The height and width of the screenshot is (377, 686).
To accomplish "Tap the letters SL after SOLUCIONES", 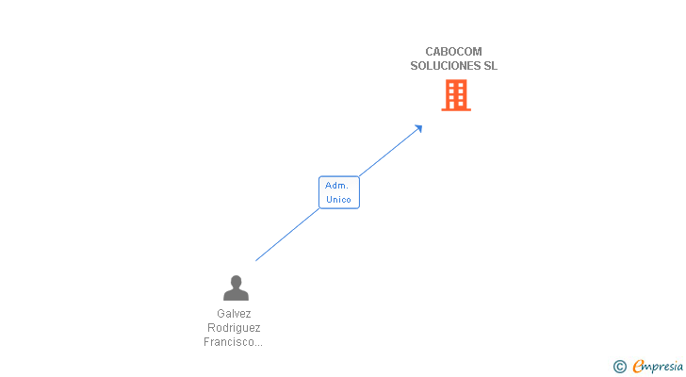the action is [x=490, y=66].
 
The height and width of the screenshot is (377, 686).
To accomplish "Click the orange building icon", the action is [x=456, y=95].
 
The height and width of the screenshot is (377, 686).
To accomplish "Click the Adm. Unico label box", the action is [x=338, y=192].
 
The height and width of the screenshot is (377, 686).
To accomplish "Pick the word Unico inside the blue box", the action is [x=338, y=200].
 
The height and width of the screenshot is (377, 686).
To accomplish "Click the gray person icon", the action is [x=236, y=287].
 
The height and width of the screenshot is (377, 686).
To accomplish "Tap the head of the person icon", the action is [x=236, y=281].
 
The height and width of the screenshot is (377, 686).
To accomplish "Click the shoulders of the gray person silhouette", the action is [x=236, y=295].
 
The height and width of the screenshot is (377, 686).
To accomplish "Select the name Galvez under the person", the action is [x=234, y=314].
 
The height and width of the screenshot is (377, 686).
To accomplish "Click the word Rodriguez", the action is [x=234, y=328].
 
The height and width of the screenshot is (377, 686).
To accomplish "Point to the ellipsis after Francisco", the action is [x=257, y=344].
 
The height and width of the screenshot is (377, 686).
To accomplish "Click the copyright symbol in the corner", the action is [x=619, y=367].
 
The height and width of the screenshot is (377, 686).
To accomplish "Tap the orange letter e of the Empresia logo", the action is [x=638, y=367].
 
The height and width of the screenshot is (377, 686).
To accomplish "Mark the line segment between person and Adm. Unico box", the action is [x=287, y=234].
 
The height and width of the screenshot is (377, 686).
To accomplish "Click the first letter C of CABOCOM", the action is [x=430, y=52].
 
